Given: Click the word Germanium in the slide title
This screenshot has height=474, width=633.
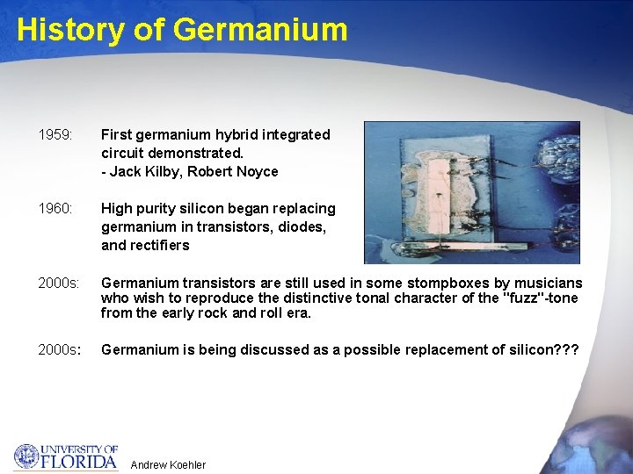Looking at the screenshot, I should [260, 30].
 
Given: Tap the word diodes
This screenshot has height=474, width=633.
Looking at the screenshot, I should [302, 227].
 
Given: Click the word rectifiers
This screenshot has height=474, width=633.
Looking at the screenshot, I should [158, 246].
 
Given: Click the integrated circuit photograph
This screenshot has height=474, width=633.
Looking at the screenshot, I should [471, 192].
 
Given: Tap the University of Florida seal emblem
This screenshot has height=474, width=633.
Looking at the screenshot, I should [26, 456].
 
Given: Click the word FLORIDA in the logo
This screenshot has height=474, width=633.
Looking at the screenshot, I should [79, 461].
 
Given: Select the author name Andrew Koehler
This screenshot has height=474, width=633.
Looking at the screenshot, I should [168, 465].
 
